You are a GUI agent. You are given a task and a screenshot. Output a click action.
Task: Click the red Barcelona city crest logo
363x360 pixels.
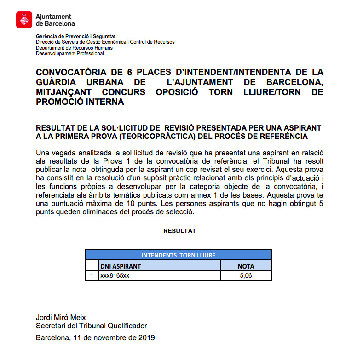[24, 20]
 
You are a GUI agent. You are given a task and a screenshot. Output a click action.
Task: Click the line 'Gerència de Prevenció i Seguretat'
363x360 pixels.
[75, 36]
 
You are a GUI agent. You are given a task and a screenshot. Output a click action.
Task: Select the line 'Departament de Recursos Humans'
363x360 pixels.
[74, 48]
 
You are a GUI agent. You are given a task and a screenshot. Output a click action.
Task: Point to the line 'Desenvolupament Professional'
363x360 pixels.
[70, 53]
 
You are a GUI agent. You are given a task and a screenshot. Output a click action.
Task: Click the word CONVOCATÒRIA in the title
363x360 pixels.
[73, 72]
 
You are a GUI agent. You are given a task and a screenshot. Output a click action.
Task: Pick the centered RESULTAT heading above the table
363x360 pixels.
[179, 231]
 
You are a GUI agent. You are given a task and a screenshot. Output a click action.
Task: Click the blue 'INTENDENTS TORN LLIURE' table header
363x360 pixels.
[178, 255]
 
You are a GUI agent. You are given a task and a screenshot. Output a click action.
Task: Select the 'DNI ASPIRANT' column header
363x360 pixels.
[121, 266]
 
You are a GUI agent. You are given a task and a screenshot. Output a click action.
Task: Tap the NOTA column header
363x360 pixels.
[246, 266]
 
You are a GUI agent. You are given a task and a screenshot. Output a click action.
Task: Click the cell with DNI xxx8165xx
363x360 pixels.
[115, 275]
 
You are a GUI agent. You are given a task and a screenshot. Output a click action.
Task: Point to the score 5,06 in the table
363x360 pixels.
[246, 275]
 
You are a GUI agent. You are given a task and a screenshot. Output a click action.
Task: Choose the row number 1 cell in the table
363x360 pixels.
[92, 275]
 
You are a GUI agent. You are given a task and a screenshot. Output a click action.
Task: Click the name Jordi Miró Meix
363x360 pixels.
[61, 317]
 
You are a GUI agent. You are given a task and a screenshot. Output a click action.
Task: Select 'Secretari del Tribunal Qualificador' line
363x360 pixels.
[91, 326]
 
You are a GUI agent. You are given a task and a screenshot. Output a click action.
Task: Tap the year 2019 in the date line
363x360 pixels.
[146, 338]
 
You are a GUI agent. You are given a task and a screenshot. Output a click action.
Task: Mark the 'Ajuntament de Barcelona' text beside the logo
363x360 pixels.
[55, 20]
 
